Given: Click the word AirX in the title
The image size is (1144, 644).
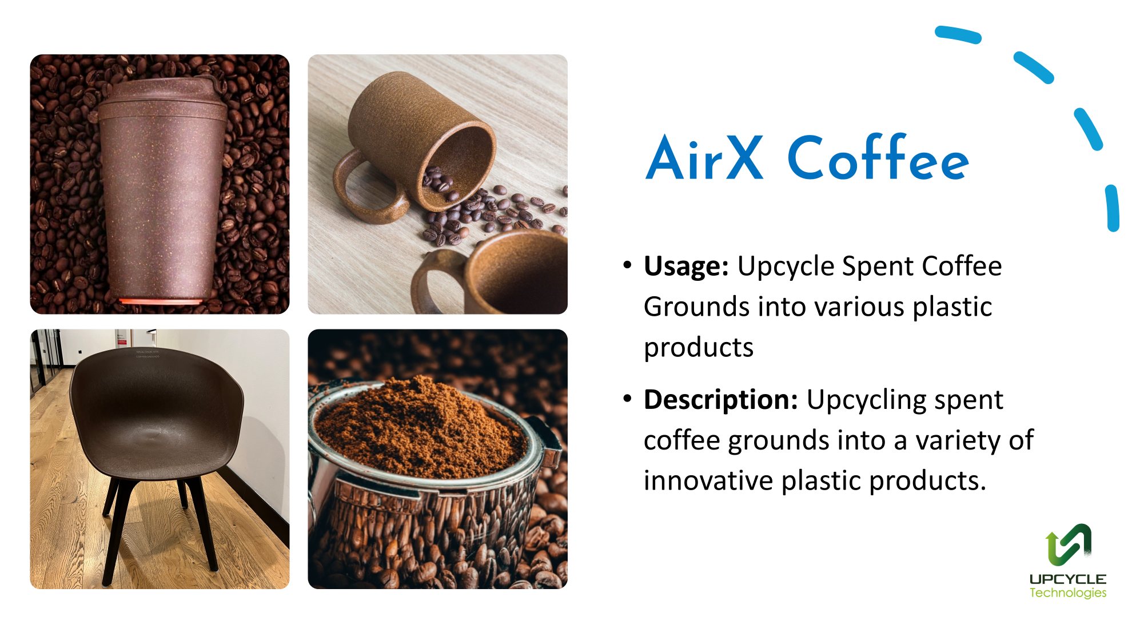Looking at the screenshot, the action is click(704, 157).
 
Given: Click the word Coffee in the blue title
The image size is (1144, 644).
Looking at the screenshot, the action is click(878, 157).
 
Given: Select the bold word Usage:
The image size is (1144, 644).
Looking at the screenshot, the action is click(686, 267).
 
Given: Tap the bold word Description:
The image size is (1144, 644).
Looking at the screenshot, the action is click(721, 400).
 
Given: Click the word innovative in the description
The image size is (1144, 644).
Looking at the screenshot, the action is click(708, 480).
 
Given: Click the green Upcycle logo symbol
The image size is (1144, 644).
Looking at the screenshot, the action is click(1069, 545).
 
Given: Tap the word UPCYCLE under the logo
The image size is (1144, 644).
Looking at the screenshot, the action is click(1068, 579).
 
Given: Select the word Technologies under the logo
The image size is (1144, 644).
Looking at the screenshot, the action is click(1068, 593).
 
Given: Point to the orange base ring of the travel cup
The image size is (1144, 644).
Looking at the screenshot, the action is click(161, 301).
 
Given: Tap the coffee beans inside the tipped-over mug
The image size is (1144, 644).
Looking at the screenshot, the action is click(439, 182).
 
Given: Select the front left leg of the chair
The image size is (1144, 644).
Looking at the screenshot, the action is click(114, 532).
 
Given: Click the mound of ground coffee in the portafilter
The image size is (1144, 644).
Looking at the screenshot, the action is click(420, 426).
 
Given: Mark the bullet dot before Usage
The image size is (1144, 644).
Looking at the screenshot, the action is click(628, 265).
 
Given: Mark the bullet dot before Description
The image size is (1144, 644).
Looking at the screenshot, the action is click(628, 398).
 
